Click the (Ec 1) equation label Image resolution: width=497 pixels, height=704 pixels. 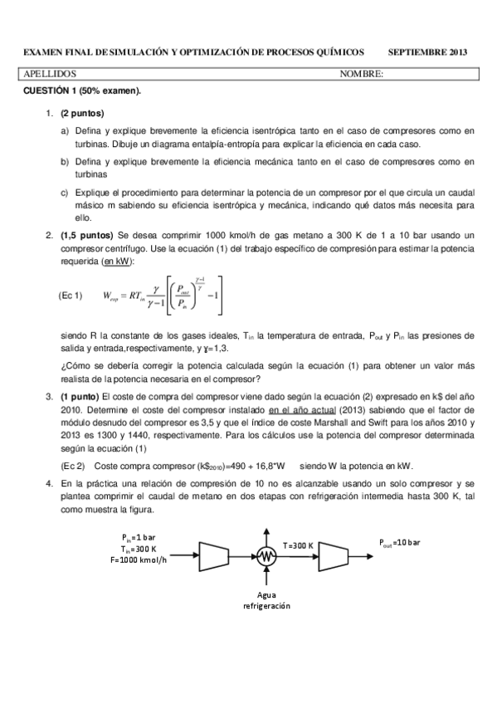point(71,296)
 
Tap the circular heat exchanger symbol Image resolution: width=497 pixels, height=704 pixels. point(266,557)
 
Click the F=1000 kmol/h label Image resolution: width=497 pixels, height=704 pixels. point(138,560)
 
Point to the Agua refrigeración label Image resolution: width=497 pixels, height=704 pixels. point(266,600)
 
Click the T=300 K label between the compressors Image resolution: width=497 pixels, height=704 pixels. point(298,545)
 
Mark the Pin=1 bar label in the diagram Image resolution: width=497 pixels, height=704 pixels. point(139,536)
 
